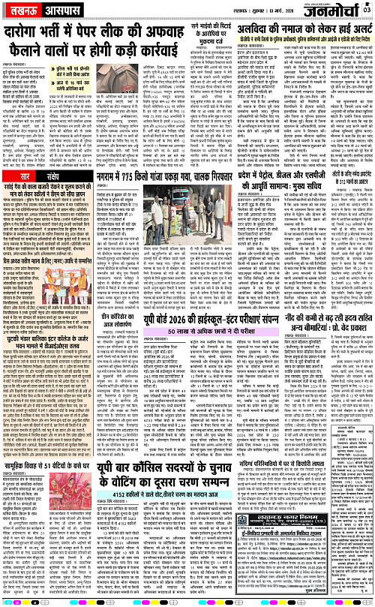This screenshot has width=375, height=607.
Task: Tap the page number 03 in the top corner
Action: point(367,9)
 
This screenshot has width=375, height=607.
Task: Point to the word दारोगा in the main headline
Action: point(28,34)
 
